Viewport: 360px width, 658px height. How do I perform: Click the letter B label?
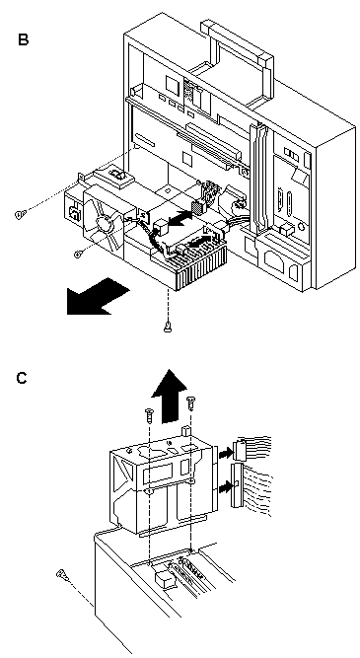click(x=24, y=39)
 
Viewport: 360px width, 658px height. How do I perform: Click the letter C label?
click(x=22, y=378)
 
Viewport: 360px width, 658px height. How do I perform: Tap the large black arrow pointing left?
click(x=99, y=295)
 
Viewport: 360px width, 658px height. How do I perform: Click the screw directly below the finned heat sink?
click(x=168, y=327)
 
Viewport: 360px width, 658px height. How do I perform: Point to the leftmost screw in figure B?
click(x=20, y=214)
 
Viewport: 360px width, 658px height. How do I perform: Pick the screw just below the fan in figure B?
click(x=78, y=254)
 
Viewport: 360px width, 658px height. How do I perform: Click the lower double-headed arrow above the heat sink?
click(x=198, y=242)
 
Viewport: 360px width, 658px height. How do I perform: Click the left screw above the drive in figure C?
click(x=149, y=415)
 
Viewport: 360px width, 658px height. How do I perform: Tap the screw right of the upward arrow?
click(x=191, y=403)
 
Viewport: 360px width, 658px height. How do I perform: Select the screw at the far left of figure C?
click(x=62, y=574)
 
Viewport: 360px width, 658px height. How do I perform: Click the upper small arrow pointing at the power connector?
click(x=225, y=453)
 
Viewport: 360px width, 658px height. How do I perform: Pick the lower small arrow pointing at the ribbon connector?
click(x=226, y=487)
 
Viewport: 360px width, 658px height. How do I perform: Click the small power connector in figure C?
click(x=242, y=449)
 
